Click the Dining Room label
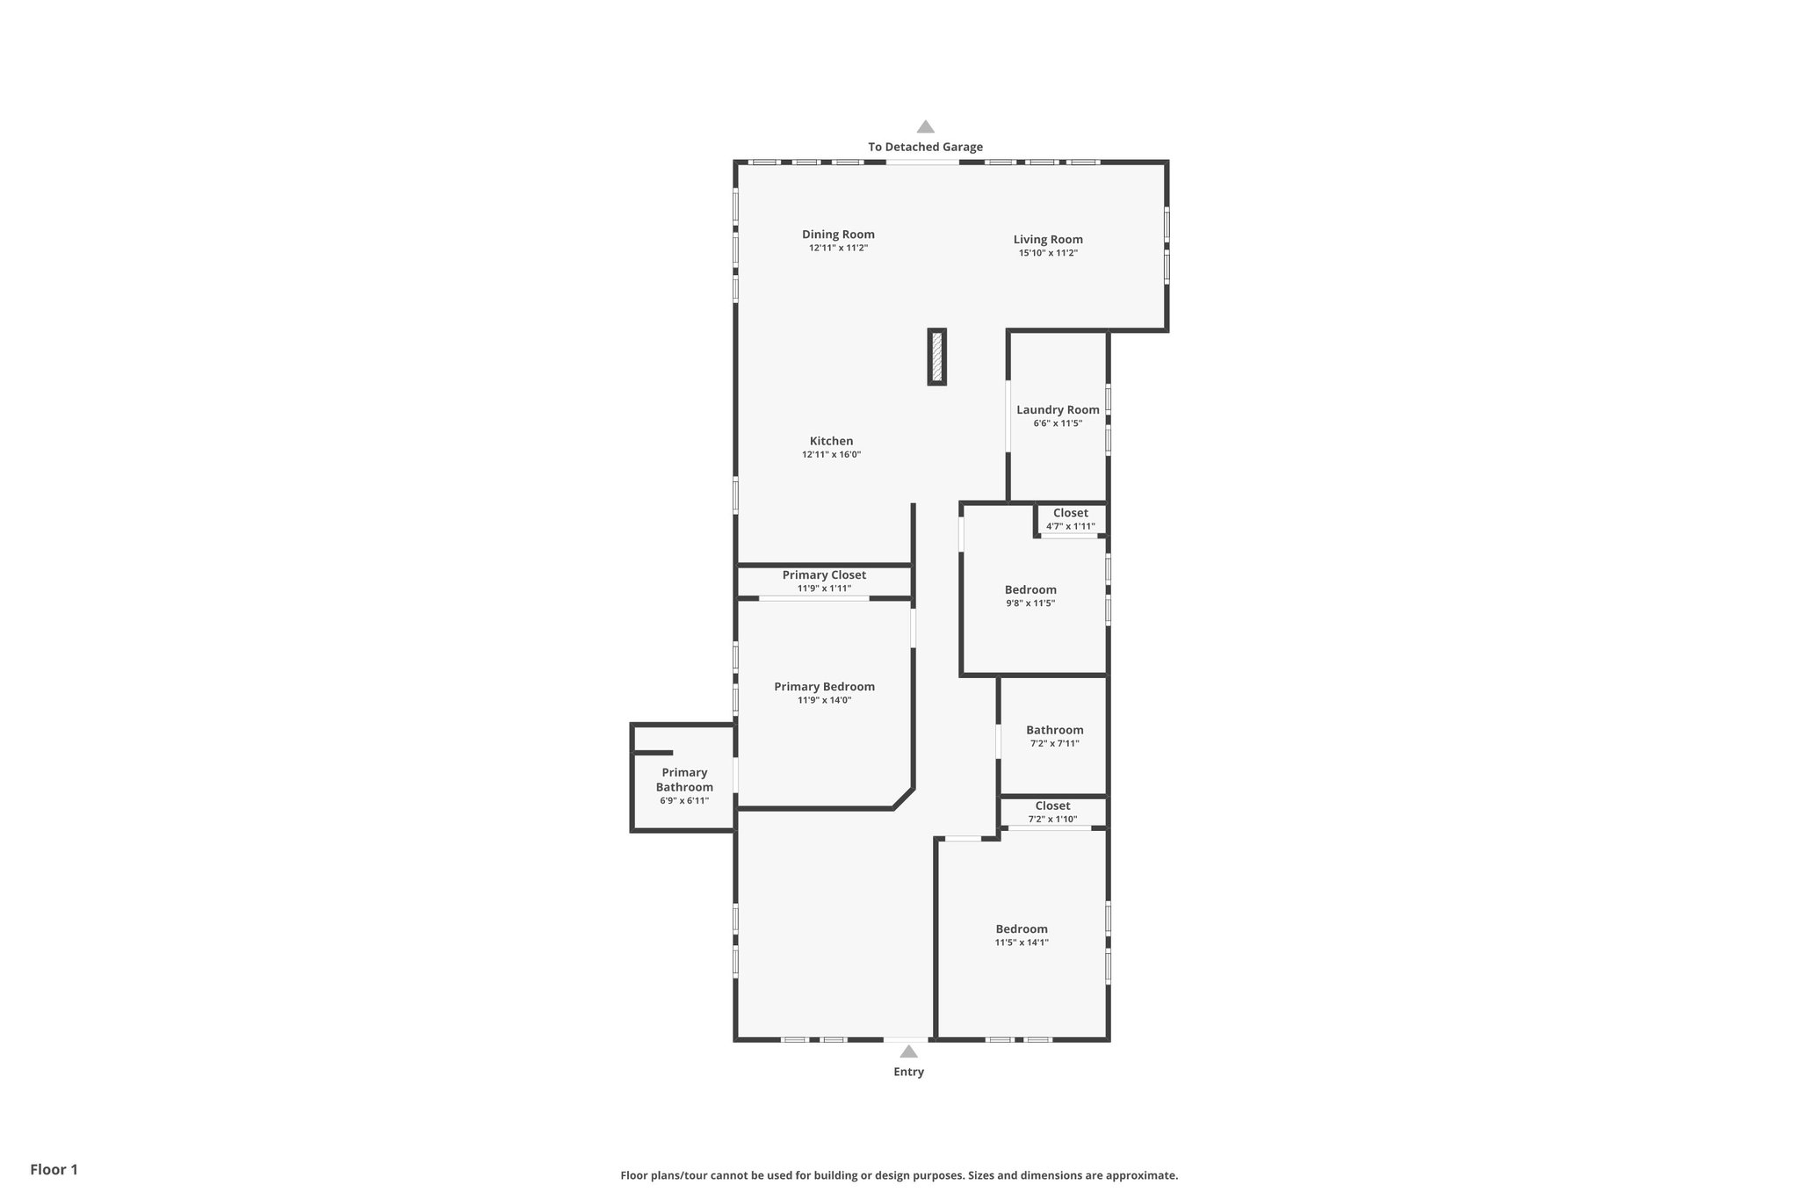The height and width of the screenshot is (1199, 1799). [x=838, y=235]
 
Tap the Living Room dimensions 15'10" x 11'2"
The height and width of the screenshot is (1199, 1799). [x=1048, y=253]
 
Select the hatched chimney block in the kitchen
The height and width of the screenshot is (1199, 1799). [x=937, y=357]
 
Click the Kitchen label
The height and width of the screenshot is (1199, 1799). [x=831, y=441]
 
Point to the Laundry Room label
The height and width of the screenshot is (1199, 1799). [x=1058, y=409]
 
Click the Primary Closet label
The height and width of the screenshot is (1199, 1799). [x=824, y=575]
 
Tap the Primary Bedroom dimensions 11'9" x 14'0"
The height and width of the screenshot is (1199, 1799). [x=824, y=700]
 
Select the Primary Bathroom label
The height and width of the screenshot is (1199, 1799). [x=684, y=780]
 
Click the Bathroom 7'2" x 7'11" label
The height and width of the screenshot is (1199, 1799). [x=1054, y=730]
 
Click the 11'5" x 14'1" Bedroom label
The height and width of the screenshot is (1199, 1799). [x=1022, y=929]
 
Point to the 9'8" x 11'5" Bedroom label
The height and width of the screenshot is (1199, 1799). [x=1030, y=590]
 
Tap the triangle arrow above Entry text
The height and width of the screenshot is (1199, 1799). [x=909, y=1051]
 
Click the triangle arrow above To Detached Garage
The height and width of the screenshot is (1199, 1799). [x=926, y=126]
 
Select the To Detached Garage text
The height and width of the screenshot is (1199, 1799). [x=925, y=147]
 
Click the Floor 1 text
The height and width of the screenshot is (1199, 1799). [x=54, y=1169]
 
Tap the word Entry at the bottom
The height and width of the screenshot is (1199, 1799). [x=908, y=1072]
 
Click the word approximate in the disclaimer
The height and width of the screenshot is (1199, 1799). [x=1141, y=1175]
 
